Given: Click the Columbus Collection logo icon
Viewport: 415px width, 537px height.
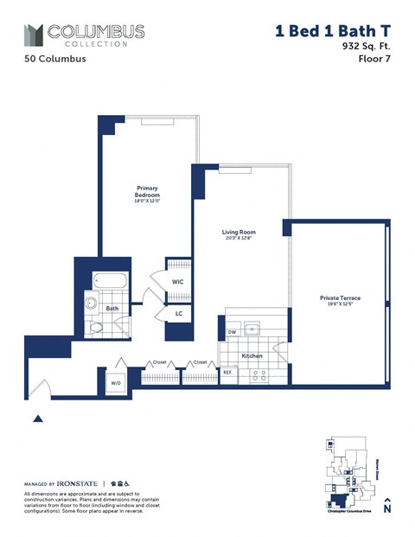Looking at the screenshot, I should click(34, 35).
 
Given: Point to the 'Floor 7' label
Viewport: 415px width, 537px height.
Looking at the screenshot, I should click(373, 61).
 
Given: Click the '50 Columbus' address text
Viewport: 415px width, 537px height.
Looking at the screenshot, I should click(52, 61).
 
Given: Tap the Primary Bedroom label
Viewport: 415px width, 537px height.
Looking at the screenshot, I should click(147, 192).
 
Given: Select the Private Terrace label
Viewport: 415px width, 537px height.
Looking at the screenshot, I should click(340, 298).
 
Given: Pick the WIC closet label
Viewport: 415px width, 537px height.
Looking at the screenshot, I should click(177, 282).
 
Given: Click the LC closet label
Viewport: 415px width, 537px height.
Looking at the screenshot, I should click(179, 314).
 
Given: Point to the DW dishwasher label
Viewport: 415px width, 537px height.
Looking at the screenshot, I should click(232, 332).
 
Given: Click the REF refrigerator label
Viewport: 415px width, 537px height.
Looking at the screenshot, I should click(228, 373).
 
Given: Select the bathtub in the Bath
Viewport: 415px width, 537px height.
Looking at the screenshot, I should click(110, 281).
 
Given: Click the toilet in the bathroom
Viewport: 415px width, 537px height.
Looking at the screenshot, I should click(95, 328).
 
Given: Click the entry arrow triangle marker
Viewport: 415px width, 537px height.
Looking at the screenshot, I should click(37, 419).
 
